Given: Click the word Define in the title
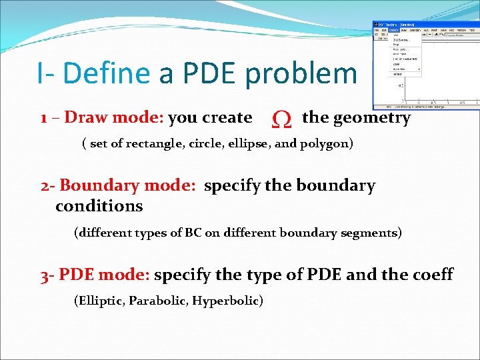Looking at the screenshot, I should pyautogui.click(x=105, y=73).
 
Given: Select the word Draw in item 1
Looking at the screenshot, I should pyautogui.click(x=87, y=118).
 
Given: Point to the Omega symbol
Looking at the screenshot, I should pyautogui.click(x=281, y=119).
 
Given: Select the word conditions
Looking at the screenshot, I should pyautogui.click(x=99, y=206).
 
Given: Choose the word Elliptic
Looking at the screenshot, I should pyautogui.click(x=100, y=301).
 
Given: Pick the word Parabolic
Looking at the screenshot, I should pyautogui.click(x=157, y=301).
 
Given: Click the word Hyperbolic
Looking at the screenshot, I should pyautogui.click(x=227, y=301).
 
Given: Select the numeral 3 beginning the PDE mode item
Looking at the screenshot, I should pyautogui.click(x=45, y=275).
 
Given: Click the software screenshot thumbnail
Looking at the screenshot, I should pyautogui.click(x=425, y=65).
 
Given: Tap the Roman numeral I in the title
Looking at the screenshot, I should pyautogui.click(x=41, y=73).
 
